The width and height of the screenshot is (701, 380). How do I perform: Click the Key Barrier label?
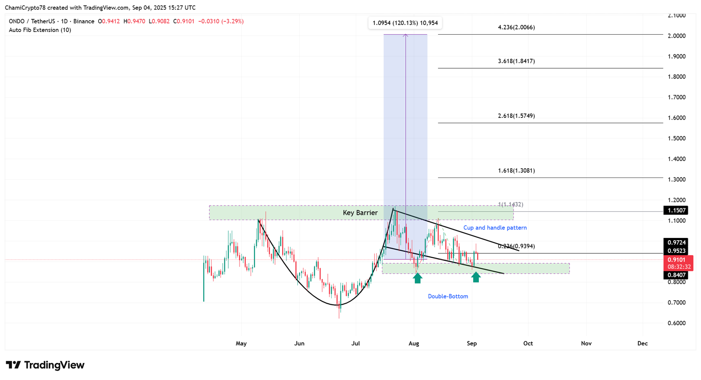click(360, 213)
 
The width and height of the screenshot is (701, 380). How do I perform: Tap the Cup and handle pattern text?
click(495, 227)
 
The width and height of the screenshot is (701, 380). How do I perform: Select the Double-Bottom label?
click(448, 296)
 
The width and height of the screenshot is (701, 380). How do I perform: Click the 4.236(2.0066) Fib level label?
click(516, 27)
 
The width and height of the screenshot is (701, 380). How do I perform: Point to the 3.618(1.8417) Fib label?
click(516, 61)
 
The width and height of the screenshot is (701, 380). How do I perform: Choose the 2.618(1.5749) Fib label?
click(516, 116)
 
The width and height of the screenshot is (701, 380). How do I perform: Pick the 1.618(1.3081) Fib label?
click(516, 170)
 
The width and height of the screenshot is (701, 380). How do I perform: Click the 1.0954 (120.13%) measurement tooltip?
click(405, 23)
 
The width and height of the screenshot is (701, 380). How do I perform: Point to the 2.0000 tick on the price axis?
click(676, 36)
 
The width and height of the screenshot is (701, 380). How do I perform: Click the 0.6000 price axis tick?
click(676, 323)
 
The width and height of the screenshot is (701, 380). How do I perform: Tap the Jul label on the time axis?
click(355, 343)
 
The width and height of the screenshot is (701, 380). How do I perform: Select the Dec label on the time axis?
click(642, 343)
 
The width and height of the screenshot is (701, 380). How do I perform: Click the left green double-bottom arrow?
click(418, 277)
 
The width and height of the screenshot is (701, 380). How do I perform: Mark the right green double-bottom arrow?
click(476, 277)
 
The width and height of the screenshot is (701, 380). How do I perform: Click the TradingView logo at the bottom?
click(45, 365)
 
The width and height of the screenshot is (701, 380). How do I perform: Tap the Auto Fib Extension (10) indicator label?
click(40, 30)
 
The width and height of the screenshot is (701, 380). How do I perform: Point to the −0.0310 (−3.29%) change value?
click(221, 21)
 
